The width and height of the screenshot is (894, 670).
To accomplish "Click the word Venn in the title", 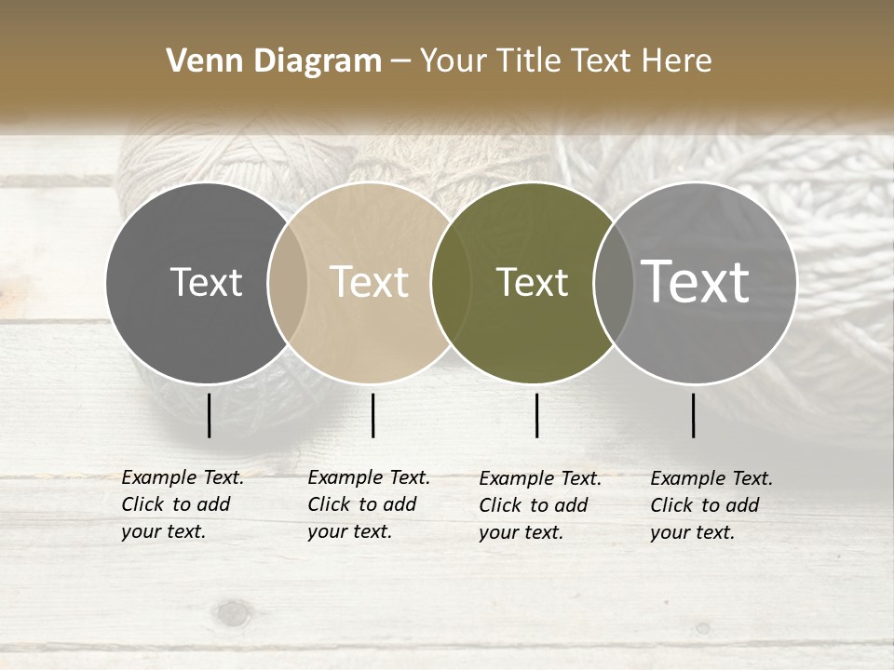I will (x=194, y=61).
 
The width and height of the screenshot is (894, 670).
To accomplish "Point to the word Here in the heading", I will (x=678, y=61).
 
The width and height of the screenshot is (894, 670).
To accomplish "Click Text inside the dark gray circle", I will (x=206, y=282).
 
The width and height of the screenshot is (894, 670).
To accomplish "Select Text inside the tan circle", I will (x=369, y=282).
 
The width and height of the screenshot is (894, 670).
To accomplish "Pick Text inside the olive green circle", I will (x=532, y=282).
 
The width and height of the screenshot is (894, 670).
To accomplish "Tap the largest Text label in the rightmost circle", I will (x=696, y=282).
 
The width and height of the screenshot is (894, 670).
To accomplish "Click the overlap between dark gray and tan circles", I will (x=288, y=283).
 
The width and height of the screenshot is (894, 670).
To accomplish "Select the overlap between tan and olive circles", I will (x=451, y=283).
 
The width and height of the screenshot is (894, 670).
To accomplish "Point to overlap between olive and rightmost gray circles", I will (x=614, y=283).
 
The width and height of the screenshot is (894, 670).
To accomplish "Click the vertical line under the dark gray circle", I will (x=209, y=415).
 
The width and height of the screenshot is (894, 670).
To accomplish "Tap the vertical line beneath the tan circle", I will (x=372, y=415).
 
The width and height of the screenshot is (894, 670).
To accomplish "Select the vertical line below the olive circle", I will (x=536, y=415).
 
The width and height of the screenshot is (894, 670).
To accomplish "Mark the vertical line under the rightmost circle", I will (x=693, y=415).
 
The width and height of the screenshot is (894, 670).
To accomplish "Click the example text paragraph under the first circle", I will (x=183, y=504).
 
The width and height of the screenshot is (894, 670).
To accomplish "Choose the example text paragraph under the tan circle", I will (x=369, y=504).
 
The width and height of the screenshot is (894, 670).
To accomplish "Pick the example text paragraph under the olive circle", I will (x=540, y=505).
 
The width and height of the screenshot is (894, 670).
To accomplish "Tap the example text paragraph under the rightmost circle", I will (x=711, y=505).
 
